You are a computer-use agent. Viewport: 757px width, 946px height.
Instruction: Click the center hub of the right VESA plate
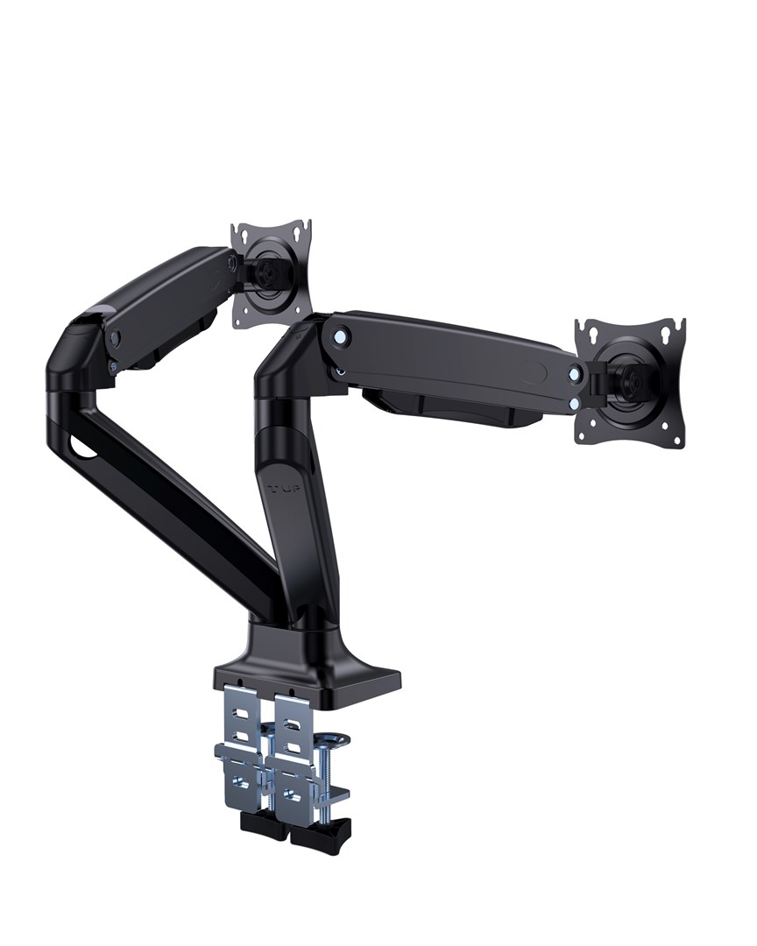coord(633,381)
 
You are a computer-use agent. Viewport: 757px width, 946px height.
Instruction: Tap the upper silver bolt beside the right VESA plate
coord(574,374)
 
